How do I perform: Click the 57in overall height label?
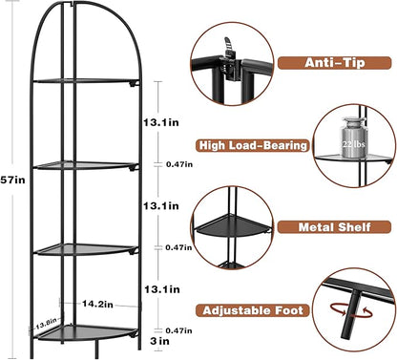click(x=14, y=180)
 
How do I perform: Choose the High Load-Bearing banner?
click(x=253, y=145)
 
